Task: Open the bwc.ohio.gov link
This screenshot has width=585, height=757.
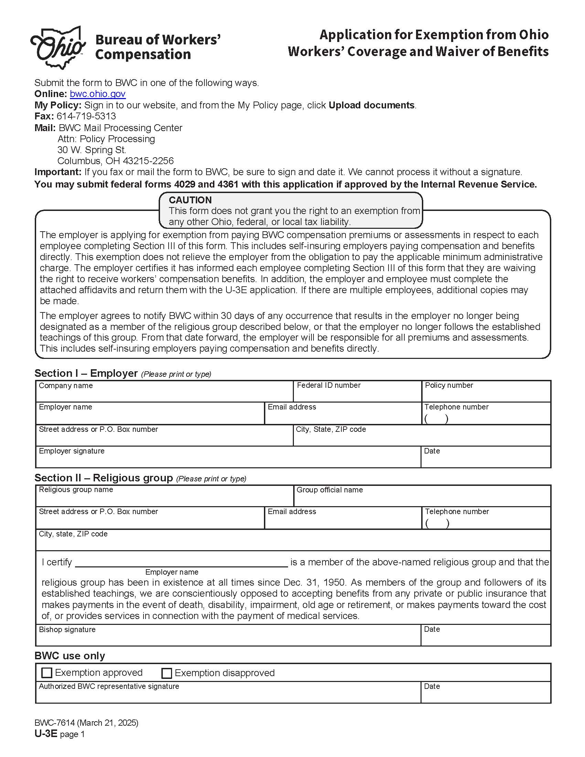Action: click(x=97, y=94)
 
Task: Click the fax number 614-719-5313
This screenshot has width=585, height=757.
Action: click(x=86, y=116)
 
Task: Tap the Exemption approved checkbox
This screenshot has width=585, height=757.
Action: click(x=46, y=673)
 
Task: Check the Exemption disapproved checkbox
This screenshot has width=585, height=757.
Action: click(x=167, y=673)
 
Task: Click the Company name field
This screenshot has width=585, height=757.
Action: click(x=164, y=394)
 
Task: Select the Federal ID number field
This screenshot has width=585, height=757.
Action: click(x=357, y=394)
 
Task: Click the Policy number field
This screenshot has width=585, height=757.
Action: click(x=486, y=394)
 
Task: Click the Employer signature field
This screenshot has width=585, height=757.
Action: click(x=228, y=460)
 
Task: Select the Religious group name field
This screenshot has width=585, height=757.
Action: click(x=164, y=499)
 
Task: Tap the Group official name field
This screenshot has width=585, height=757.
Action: click(x=422, y=499)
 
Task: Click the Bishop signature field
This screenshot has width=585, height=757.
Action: click(x=228, y=638)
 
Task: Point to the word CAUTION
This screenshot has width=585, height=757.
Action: click(x=190, y=200)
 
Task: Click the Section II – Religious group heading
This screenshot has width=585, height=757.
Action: click(x=104, y=478)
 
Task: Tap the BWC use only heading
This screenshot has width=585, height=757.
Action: click(x=70, y=656)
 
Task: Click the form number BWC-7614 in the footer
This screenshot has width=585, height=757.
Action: click(x=55, y=723)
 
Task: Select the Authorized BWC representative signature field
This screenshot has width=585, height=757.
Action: click(x=228, y=696)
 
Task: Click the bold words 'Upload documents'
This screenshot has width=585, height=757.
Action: click(x=372, y=105)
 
